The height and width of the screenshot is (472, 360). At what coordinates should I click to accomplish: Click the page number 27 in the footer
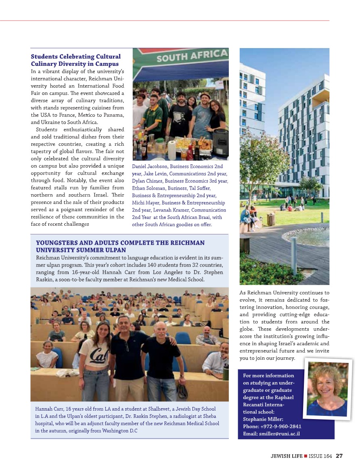[x=339, y=456]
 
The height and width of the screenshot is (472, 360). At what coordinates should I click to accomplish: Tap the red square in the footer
[x=306, y=456]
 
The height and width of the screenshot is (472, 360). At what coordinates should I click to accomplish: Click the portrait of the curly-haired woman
[x=328, y=388]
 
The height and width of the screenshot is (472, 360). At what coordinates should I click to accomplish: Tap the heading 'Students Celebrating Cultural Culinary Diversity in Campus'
[x=75, y=60]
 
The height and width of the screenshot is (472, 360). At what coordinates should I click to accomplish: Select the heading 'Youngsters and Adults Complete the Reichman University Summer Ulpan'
[x=120, y=246]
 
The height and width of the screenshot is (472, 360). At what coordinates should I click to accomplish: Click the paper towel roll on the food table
[x=172, y=149]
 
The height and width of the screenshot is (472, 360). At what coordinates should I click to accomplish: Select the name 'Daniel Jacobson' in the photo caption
[x=150, y=166]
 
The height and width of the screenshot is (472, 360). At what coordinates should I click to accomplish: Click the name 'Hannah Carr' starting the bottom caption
[x=48, y=409]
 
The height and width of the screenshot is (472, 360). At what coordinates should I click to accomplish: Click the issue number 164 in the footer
[x=327, y=456]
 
